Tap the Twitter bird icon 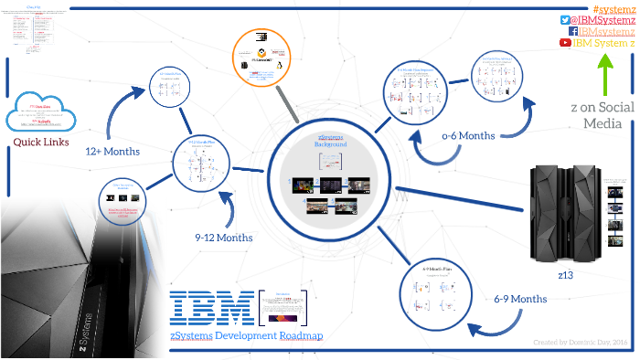(564, 20)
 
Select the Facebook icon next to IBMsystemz (572, 31)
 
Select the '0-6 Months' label (468, 135)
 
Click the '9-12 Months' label (223, 237)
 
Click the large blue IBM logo (212, 308)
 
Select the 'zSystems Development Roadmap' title (246, 335)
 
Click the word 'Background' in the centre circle (331, 145)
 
